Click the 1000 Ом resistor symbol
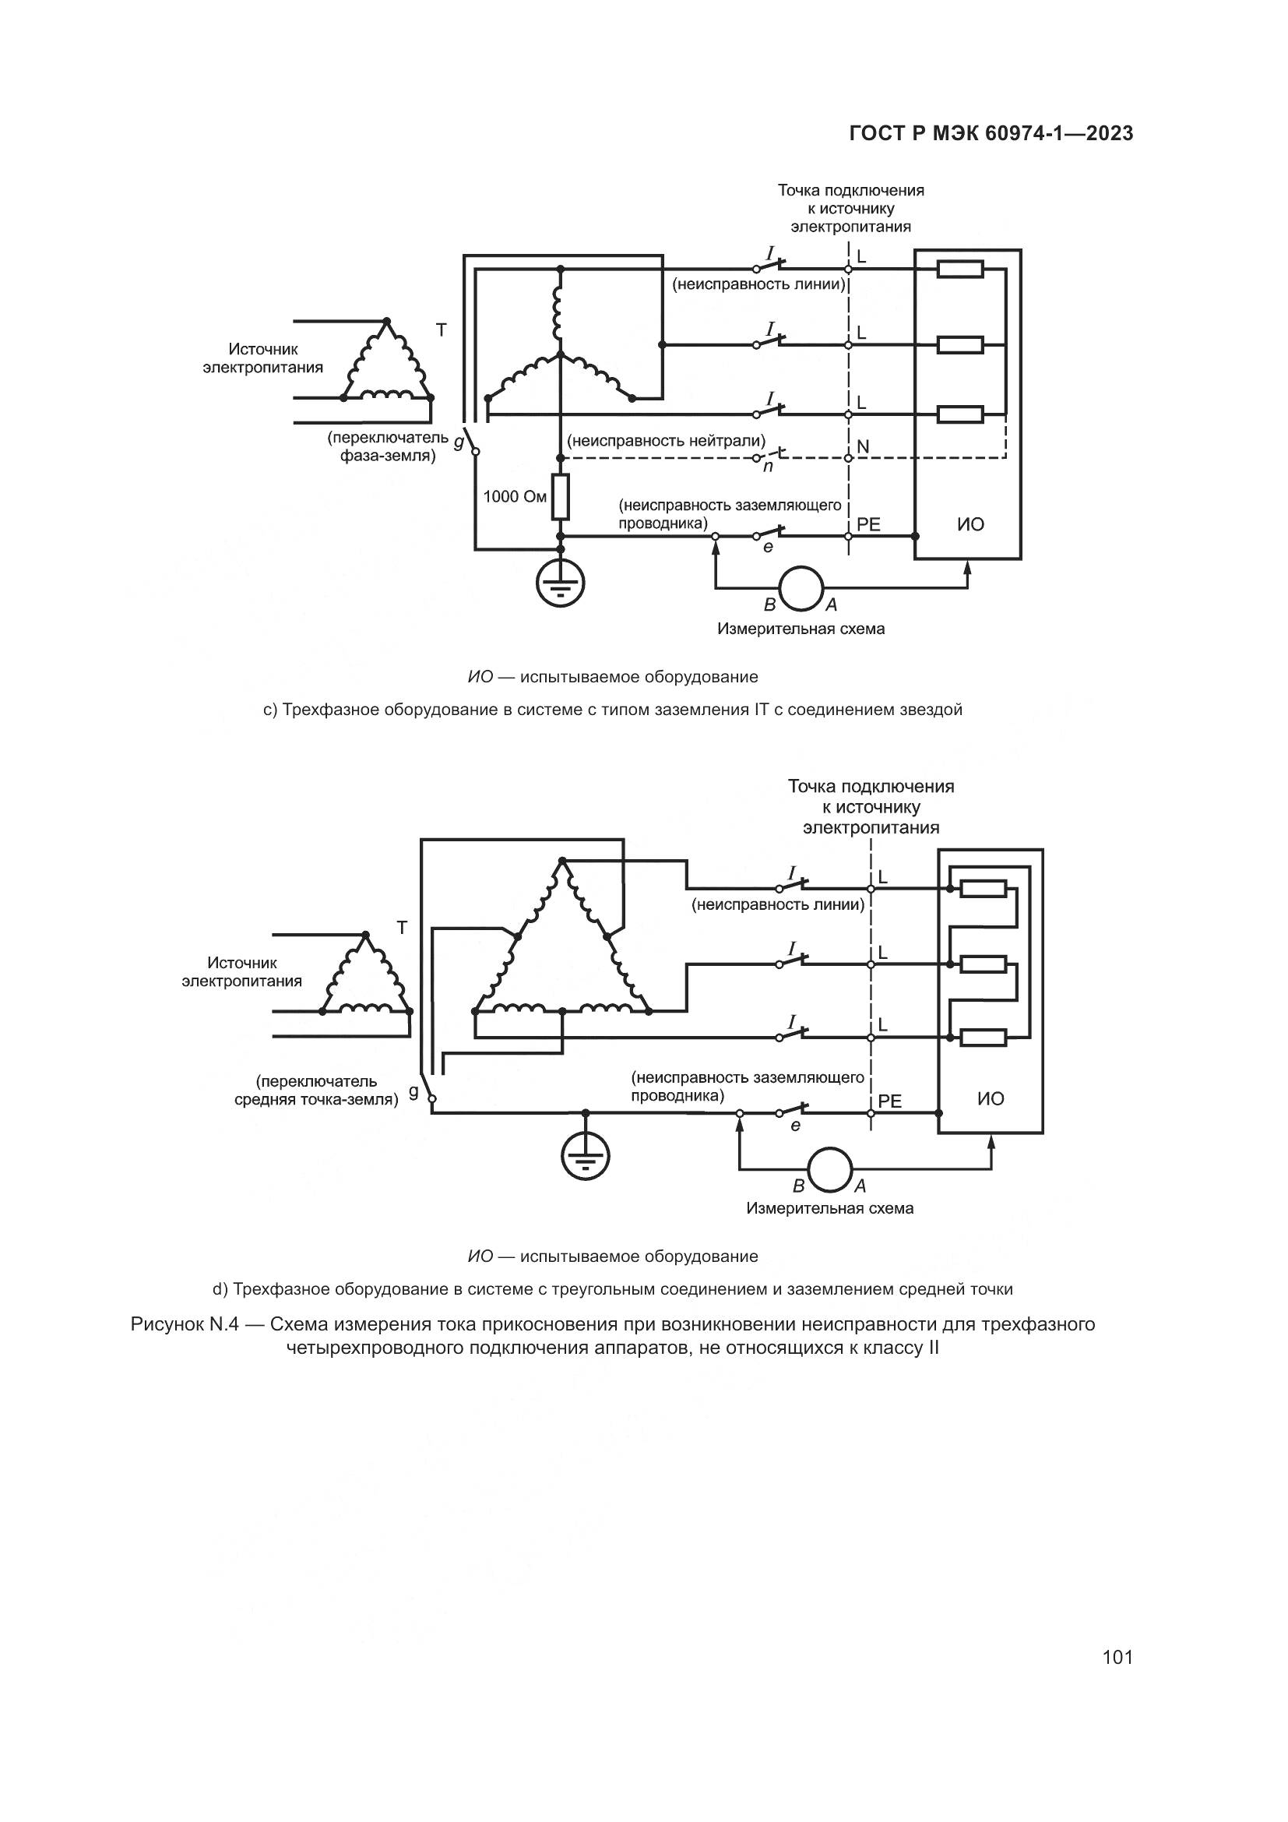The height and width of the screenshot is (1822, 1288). pyautogui.click(x=561, y=497)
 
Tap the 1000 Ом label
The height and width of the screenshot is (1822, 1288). pyautogui.click(x=515, y=497)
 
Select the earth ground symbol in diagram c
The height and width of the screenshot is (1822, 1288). pyautogui.click(x=561, y=584)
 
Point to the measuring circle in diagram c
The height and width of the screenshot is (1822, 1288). pyautogui.click(x=802, y=588)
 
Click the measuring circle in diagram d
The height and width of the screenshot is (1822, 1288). pyautogui.click(x=829, y=1169)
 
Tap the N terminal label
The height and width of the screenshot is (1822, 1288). pyautogui.click(x=863, y=447)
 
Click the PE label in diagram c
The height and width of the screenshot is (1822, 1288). pyautogui.click(x=868, y=524)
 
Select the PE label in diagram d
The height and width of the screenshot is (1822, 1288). pyautogui.click(x=890, y=1101)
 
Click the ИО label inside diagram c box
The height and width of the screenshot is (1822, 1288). pyautogui.click(x=971, y=524)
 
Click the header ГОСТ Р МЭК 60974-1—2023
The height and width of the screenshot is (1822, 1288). pyautogui.click(x=991, y=133)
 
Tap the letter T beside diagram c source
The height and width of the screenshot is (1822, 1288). pyautogui.click(x=441, y=330)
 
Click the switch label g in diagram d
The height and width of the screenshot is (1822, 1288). pyautogui.click(x=413, y=1092)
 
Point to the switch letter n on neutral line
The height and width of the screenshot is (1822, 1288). pyautogui.click(x=768, y=467)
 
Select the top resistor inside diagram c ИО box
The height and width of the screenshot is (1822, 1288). pyautogui.click(x=960, y=270)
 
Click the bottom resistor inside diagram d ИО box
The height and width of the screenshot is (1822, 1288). pyautogui.click(x=984, y=1037)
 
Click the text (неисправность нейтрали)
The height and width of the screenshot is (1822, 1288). pyautogui.click(x=667, y=440)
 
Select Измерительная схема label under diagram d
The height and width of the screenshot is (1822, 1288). pyautogui.click(x=829, y=1208)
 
